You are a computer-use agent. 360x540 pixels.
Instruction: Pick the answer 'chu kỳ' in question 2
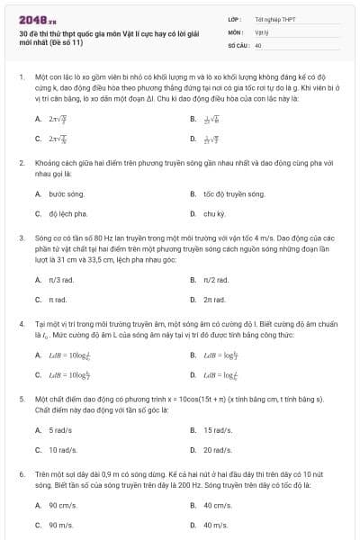tap(213, 214)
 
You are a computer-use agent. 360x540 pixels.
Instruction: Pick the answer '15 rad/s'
tap(217, 429)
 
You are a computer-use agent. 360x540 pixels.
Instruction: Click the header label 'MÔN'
tap(235, 31)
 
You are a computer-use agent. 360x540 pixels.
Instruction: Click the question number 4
tap(20, 321)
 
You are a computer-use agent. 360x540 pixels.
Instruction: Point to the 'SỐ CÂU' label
tap(238, 44)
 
